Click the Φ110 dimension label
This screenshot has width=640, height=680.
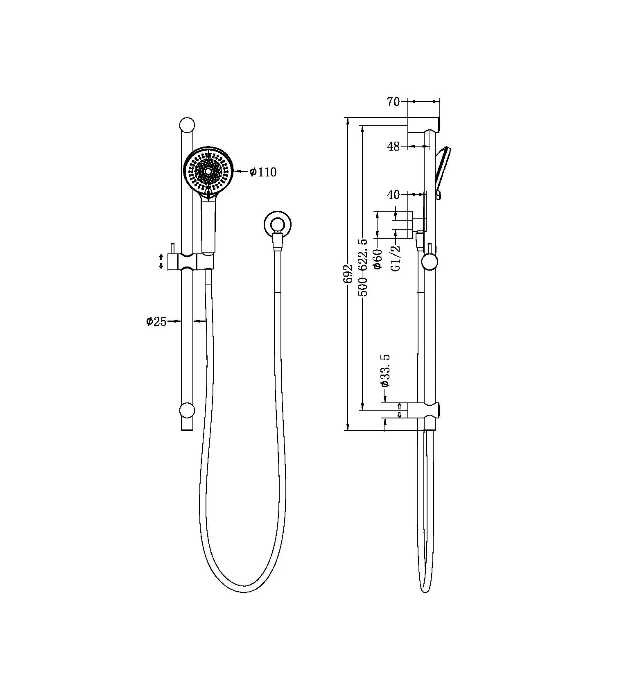pyautogui.click(x=263, y=172)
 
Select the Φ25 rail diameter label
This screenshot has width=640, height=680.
pyautogui.click(x=156, y=321)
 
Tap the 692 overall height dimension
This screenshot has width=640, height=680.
pyautogui.click(x=348, y=274)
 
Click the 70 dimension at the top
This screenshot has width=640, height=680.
pyautogui.click(x=393, y=102)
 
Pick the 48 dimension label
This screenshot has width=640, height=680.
pyautogui.click(x=393, y=146)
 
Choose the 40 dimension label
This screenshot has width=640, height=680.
pyautogui.click(x=393, y=194)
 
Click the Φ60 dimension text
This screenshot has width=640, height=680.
pyautogui.click(x=377, y=259)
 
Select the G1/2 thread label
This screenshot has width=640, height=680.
pyautogui.click(x=396, y=258)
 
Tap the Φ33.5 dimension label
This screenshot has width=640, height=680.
pyautogui.click(x=385, y=371)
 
